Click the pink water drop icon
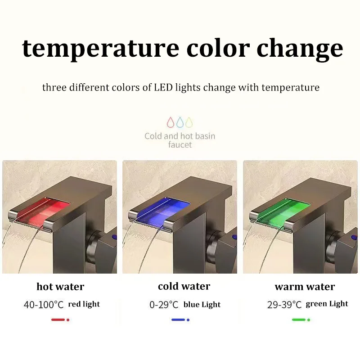pyautogui.click(x=171, y=121)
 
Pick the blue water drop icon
pyautogui.click(x=180, y=121)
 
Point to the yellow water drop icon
pyautogui.click(x=189, y=121)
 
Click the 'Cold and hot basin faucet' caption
pyautogui.click(x=180, y=140)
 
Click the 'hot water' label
pyautogui.click(x=60, y=287)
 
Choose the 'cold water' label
pyautogui.click(x=184, y=287)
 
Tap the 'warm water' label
pyautogui.click(x=305, y=287)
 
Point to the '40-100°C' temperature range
pyautogui.click(x=44, y=305)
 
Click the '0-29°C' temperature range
pyautogui.click(x=164, y=305)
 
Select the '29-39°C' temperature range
pyautogui.click(x=284, y=305)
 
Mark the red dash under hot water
pyautogui.click(x=58, y=320)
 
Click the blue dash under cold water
pyautogui.click(x=178, y=320)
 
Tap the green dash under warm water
pyautogui.click(x=299, y=320)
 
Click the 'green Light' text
pyautogui.click(x=327, y=304)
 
